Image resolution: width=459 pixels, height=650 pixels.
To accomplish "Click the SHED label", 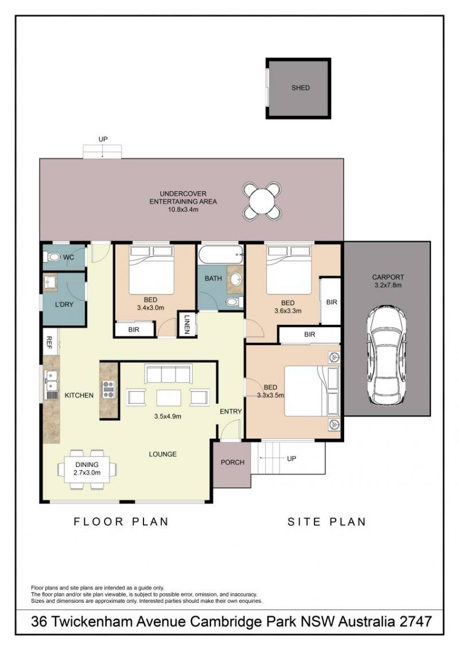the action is pyautogui.click(x=300, y=88).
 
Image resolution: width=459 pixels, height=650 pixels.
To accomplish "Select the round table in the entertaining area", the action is pyautogui.click(x=262, y=201).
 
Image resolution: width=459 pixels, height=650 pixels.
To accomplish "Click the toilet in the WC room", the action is pyautogui.click(x=53, y=257).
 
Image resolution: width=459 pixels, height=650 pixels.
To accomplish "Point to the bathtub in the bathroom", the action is pyautogui.click(x=220, y=254).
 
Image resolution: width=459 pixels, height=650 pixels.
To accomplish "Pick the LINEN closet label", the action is pyautogui.click(x=187, y=324).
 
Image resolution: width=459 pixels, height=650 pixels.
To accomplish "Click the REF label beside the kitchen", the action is pyautogui.click(x=49, y=342).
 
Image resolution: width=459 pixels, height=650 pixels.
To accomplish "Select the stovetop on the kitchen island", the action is pyautogui.click(x=108, y=390).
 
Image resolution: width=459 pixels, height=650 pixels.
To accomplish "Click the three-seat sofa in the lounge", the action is pyautogui.click(x=168, y=374).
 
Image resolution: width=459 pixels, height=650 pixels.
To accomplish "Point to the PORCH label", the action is pyautogui.click(x=232, y=462).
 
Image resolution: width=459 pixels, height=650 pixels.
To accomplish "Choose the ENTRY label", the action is pyautogui.click(x=231, y=411).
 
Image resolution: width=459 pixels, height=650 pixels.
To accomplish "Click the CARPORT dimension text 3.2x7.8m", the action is pyautogui.click(x=387, y=285).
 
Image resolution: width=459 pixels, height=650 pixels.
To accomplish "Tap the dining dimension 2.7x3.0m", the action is pyautogui.click(x=87, y=472).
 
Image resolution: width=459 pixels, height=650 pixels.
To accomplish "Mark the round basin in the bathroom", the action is pyautogui.click(x=236, y=280).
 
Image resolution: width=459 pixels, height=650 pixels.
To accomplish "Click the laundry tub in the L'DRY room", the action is pyautogui.click(x=50, y=282).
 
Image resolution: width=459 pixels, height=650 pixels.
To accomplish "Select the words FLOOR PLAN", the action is pyautogui.click(x=121, y=521).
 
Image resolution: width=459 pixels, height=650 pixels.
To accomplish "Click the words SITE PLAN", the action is pyautogui.click(x=327, y=521).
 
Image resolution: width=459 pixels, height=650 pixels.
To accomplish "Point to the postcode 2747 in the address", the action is pyautogui.click(x=415, y=622).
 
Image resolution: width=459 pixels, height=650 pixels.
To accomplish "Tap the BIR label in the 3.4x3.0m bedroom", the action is pyautogui.click(x=134, y=330).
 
